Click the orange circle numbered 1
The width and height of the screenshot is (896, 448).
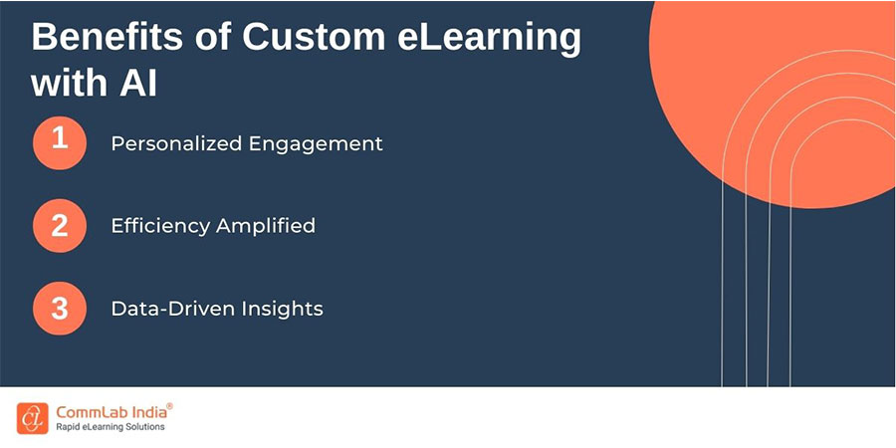click(x=60, y=142)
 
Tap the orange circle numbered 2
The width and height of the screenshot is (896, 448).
click(x=60, y=225)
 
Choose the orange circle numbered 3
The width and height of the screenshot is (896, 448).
click(x=60, y=308)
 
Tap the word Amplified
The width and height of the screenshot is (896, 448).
click(x=265, y=226)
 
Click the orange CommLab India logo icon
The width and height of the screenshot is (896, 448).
click(x=31, y=417)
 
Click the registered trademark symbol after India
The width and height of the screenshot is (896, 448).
click(x=169, y=406)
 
